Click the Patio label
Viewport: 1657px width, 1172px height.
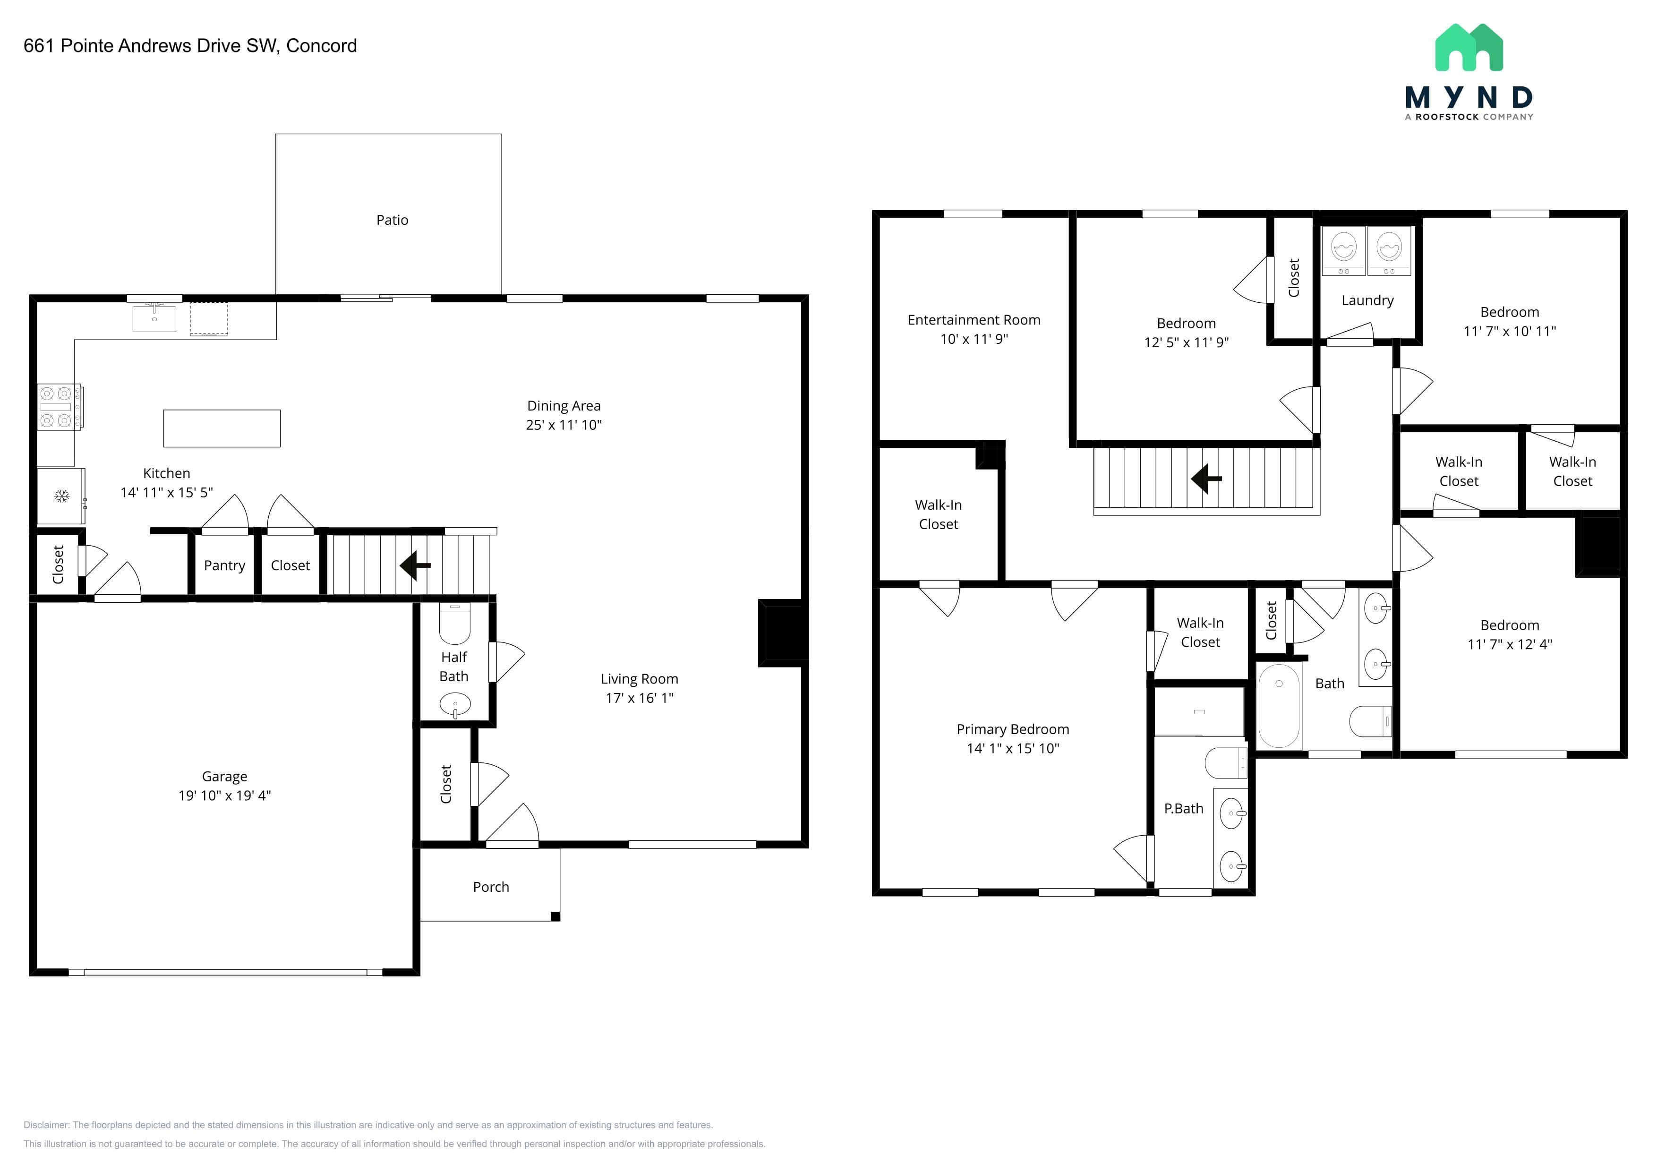[x=392, y=220]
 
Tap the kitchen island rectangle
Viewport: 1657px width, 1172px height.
[x=222, y=428]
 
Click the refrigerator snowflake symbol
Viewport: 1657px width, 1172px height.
[x=61, y=496]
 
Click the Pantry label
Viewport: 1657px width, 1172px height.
[x=224, y=566]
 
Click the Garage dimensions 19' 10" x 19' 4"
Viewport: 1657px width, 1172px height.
[x=224, y=796]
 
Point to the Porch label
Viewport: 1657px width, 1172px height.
[x=491, y=887]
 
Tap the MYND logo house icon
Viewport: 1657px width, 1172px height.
[x=1469, y=48]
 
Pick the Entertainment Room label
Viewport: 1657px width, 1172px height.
[x=974, y=320]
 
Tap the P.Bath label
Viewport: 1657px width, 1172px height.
[x=1184, y=809]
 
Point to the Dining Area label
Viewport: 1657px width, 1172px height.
[x=564, y=406]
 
